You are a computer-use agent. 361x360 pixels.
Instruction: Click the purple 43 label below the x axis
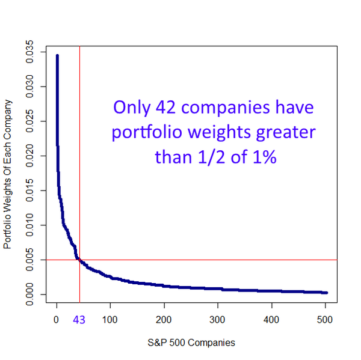[79, 320]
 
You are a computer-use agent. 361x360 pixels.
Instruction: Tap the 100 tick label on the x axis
[110, 320]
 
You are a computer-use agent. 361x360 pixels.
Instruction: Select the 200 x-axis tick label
[164, 320]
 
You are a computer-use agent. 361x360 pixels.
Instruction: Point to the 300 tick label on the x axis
[218, 320]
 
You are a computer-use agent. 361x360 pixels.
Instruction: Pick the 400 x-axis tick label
[271, 320]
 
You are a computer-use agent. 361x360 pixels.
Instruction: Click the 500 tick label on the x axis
[325, 320]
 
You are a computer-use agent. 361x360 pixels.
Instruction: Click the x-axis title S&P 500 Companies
[191, 343]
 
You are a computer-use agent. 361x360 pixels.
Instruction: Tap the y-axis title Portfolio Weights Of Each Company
[8, 174]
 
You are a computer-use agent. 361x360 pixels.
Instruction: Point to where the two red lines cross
[79, 260]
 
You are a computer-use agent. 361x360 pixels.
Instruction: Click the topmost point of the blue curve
[57, 56]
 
